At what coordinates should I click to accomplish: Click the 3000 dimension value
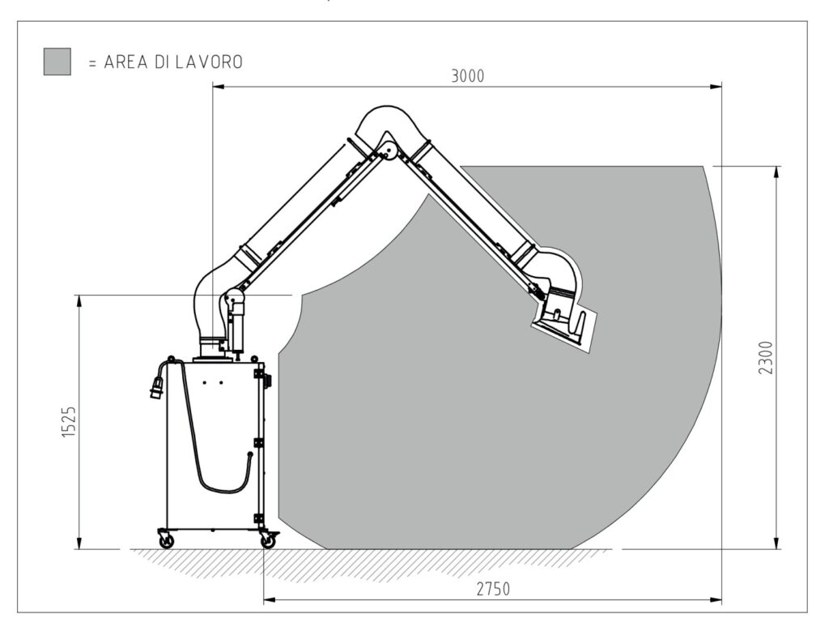tap(467, 77)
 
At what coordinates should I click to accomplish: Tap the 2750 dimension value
tap(493, 589)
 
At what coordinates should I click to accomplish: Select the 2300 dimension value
tap(766, 358)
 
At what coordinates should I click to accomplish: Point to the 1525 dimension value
tap(70, 422)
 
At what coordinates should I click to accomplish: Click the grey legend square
tap(57, 62)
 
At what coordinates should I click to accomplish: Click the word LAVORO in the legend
tap(209, 62)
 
